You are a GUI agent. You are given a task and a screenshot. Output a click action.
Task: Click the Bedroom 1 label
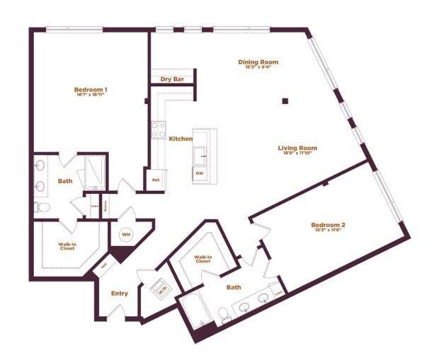tap(91, 90)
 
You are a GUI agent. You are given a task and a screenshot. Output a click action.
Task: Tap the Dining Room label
tap(258, 62)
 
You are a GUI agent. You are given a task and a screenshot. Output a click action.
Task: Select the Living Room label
tap(297, 149)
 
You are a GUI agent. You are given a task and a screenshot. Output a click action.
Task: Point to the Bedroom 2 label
tap(328, 226)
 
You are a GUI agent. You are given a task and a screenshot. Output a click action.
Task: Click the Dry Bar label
tap(172, 79)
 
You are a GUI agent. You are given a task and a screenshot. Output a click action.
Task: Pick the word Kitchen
tap(180, 139)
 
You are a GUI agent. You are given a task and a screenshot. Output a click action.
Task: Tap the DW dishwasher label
tap(200, 173)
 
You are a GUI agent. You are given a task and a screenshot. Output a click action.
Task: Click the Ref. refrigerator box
tap(156, 180)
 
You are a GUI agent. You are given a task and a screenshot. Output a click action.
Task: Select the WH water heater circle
tap(126, 235)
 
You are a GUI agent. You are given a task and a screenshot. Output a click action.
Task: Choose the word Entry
tap(120, 294)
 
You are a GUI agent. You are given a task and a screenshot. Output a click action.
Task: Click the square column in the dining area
tap(285, 101)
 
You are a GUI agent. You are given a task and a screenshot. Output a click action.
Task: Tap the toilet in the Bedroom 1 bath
tap(41, 207)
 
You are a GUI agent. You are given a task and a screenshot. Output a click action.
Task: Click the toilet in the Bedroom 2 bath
tap(224, 314)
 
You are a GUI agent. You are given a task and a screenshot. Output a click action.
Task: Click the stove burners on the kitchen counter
tap(158, 130)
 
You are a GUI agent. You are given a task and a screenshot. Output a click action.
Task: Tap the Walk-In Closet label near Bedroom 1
tap(67, 246)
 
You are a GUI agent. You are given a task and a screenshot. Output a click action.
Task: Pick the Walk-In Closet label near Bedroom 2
tap(203, 260)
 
